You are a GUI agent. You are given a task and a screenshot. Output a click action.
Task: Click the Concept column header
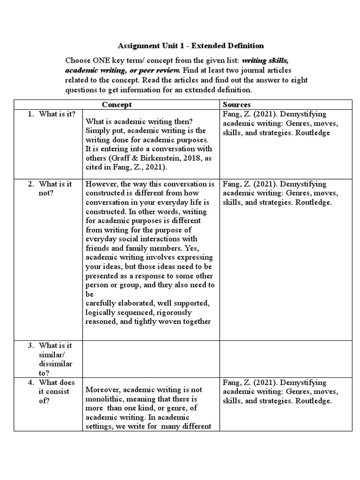click(x=117, y=105)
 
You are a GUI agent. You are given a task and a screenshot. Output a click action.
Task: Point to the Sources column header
click(x=237, y=105)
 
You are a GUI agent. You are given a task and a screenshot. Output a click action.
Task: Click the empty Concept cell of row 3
click(x=151, y=359)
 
